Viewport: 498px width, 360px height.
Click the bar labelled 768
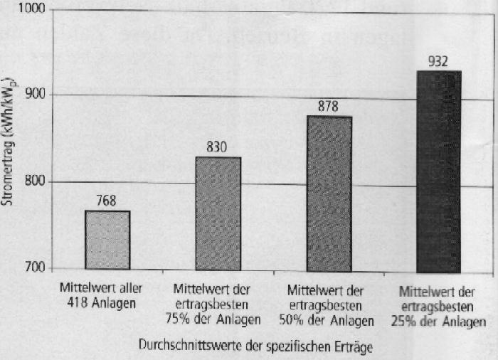click(107, 240)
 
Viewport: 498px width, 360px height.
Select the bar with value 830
click(218, 213)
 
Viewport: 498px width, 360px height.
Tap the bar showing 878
click(329, 192)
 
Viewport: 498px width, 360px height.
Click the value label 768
click(107, 201)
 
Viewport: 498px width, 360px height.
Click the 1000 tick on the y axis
click(33, 9)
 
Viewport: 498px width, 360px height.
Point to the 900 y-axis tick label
click(36, 95)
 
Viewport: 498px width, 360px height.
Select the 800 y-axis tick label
click(36, 182)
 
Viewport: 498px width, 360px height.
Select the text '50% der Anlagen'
click(329, 321)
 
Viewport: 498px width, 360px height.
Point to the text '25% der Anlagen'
click(438, 321)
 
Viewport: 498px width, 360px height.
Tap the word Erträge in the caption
click(353, 349)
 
